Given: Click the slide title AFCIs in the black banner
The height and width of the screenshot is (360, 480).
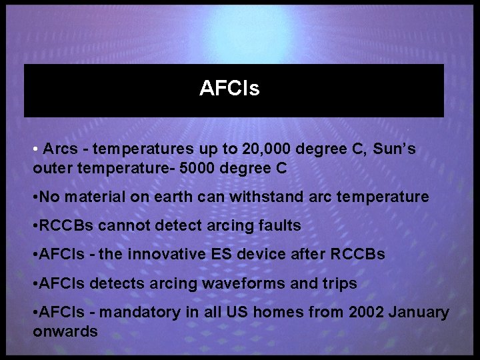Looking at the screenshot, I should tap(229, 89).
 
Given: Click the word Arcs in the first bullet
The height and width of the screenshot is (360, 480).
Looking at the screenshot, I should tap(61, 149).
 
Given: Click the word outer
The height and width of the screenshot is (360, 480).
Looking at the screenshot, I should tap(52, 168).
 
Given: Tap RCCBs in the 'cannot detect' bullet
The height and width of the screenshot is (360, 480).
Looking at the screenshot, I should tap(67, 225).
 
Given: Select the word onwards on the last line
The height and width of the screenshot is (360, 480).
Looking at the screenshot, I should tap(65, 331).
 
